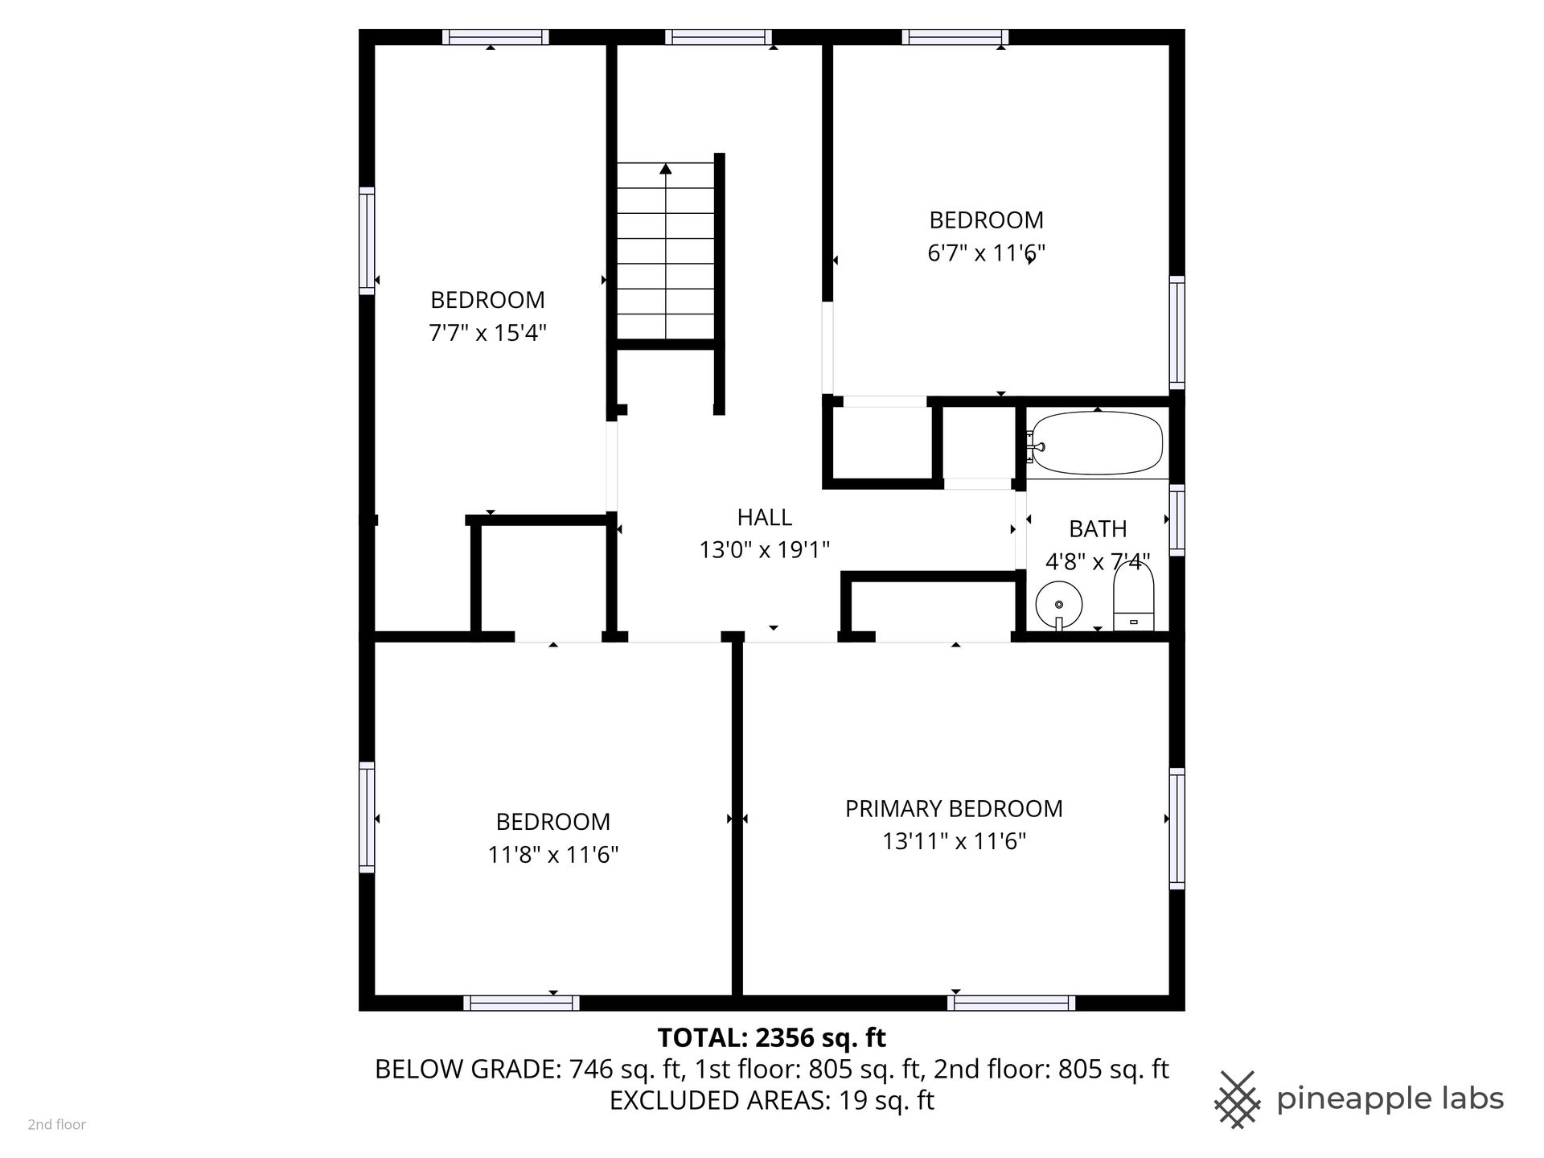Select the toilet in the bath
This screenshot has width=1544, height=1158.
point(1134,597)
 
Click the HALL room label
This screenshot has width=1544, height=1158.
point(765,517)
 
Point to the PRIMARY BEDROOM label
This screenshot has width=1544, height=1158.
point(954,808)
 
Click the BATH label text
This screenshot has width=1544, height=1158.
point(1098,529)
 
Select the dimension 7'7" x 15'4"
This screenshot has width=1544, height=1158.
point(487,333)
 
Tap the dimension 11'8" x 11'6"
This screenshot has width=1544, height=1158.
point(553,854)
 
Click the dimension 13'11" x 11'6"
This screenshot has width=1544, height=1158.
point(954,841)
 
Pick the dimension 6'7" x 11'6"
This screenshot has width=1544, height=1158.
point(986,253)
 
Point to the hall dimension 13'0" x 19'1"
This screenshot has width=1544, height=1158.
point(765,550)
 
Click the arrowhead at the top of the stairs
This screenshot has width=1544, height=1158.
point(666,169)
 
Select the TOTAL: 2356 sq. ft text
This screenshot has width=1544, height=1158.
point(772,1038)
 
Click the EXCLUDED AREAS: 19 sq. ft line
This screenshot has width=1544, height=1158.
point(772,1100)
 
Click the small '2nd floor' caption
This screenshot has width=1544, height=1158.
point(57,1125)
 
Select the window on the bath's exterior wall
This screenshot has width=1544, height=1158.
point(1176,519)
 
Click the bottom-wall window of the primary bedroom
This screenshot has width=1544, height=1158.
point(1011,1003)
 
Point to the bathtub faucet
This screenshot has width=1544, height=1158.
point(1034,447)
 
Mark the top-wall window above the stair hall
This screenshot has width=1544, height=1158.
point(718,37)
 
